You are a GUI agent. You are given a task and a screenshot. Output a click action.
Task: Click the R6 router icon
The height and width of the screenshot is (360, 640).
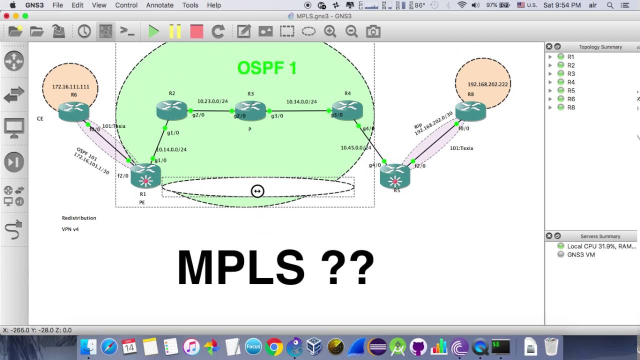[x=73, y=111]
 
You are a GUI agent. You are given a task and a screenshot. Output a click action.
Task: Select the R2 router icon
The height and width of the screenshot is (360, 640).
[x=171, y=110]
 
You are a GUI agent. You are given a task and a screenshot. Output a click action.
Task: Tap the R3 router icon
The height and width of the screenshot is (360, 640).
[x=250, y=110]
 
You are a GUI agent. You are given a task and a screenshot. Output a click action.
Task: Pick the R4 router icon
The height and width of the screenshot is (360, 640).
[x=347, y=110]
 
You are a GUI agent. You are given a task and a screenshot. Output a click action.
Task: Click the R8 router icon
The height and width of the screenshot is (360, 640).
[x=470, y=111]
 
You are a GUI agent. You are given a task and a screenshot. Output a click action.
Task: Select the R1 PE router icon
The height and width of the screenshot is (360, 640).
[x=145, y=176]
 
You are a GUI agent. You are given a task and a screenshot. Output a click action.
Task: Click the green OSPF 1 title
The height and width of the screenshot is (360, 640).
[x=267, y=68]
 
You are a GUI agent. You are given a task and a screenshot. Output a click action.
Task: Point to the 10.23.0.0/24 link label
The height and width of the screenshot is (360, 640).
[x=212, y=101]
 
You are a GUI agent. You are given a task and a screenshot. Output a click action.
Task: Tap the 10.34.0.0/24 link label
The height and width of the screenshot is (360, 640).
[x=301, y=102]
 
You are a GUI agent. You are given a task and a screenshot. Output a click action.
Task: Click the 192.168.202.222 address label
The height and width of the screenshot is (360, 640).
[x=487, y=84]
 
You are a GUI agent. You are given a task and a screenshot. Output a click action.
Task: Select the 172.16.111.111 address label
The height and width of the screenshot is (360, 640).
[x=70, y=87]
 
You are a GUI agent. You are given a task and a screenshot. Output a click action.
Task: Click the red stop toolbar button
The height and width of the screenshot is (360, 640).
[x=196, y=31]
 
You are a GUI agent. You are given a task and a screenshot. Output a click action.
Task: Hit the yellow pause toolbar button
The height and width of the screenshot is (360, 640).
[x=175, y=31]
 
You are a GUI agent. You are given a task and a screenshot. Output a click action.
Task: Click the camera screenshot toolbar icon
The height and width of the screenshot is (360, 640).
[x=373, y=31]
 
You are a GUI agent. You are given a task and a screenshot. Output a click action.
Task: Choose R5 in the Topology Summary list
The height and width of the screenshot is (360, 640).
[x=571, y=90]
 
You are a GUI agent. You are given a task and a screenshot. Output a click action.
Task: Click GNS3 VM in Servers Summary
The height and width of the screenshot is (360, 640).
[x=580, y=254]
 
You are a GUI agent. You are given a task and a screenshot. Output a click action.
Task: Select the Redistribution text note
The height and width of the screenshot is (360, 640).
[x=79, y=218]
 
